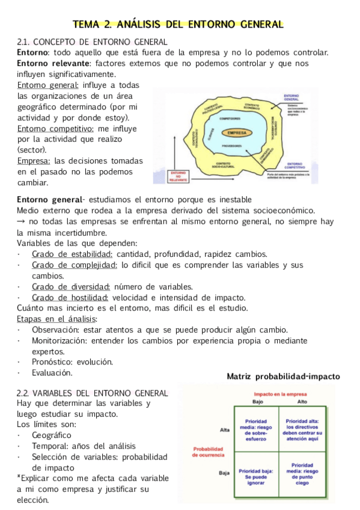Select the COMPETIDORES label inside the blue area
(234, 120)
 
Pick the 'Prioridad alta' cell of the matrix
(302, 431)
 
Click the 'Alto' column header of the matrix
(302, 401)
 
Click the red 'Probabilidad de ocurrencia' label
(208, 452)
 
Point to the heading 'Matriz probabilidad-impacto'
(283, 376)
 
